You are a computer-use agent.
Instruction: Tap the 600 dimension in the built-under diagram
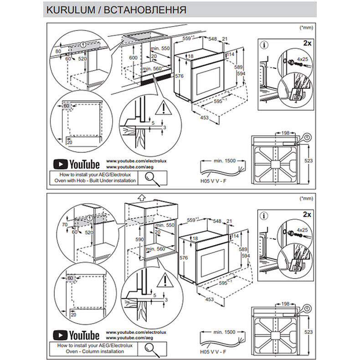click(x=133, y=58)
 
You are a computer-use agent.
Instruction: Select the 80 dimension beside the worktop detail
click(x=57, y=51)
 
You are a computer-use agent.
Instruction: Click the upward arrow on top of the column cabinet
click(x=141, y=197)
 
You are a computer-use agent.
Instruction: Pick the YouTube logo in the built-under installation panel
click(x=76, y=164)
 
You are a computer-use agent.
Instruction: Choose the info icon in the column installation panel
click(x=264, y=215)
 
